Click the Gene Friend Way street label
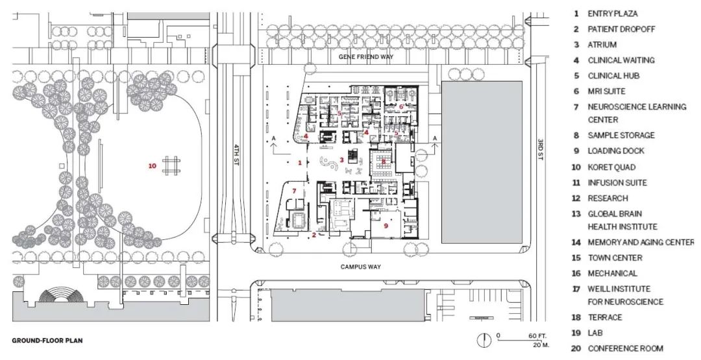(365, 56)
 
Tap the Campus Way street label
(360, 267)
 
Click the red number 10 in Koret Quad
(153, 165)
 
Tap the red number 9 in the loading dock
(386, 226)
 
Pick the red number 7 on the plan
(294, 191)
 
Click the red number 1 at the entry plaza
(300, 163)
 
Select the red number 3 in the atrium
(341, 160)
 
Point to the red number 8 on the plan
(384, 162)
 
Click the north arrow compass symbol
(484, 340)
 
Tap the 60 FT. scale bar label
(537, 336)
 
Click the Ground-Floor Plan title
(47, 341)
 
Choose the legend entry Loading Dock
(609, 151)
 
